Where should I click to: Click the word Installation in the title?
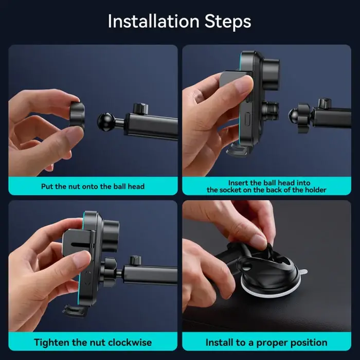153,22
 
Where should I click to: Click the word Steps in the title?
228,22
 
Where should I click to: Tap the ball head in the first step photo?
106,122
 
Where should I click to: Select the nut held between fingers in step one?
77,114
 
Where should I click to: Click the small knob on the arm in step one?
140,109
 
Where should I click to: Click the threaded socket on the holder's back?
270,110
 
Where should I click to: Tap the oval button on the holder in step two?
248,119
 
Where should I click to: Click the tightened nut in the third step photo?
110,272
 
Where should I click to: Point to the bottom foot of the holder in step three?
75,311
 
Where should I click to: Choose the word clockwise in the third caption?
130,343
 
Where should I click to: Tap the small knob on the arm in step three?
135,261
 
